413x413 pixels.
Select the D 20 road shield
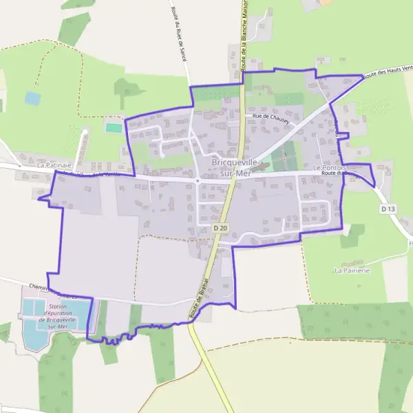click(x=220, y=227)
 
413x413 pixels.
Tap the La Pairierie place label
click(x=352, y=271)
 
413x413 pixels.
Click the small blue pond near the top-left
click(x=32, y=98)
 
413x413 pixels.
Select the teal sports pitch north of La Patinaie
click(x=114, y=127)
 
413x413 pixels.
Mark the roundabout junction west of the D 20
click(x=198, y=181)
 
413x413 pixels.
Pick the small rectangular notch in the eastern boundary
click(x=343, y=134)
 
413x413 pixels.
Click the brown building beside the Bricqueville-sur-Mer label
click(x=256, y=167)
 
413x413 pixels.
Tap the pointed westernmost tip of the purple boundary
click(x=39, y=198)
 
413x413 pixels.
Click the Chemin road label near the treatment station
click(x=41, y=288)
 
